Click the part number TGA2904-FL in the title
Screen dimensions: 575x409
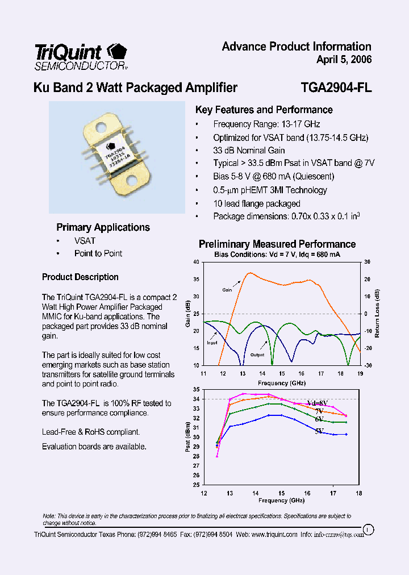336,88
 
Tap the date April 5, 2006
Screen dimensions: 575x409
344,60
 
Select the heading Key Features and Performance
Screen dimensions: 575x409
264,110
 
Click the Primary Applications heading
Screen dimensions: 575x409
103,227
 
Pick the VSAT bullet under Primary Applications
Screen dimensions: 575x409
85,241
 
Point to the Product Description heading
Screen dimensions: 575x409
80,277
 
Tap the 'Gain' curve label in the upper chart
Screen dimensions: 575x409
227,290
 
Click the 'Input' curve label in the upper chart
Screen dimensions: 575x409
212,343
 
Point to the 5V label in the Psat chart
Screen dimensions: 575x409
320,432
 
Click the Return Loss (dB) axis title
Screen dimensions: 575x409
377,314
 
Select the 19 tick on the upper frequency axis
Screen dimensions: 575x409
360,373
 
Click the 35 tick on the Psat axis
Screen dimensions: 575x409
196,390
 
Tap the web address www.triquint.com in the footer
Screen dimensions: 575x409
274,535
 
